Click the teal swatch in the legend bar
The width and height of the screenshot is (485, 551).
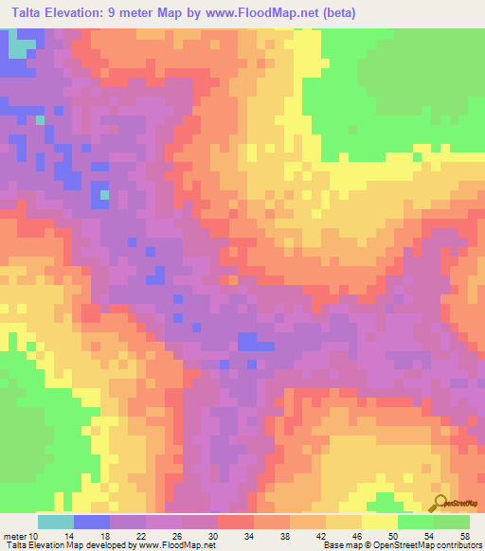[55, 522]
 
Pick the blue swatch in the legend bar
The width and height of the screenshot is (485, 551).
[91, 522]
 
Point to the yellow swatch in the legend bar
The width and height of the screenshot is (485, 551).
[379, 522]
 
